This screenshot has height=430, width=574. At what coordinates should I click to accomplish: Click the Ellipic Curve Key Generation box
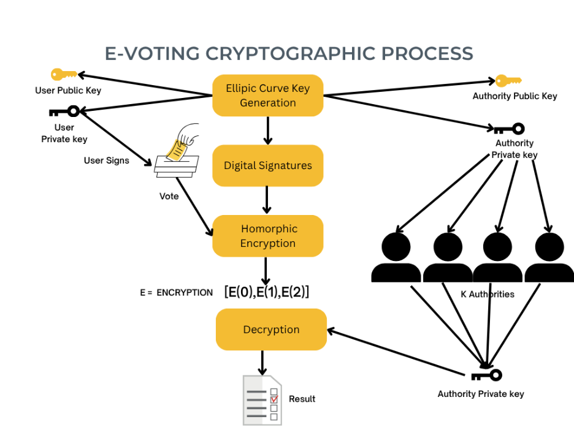click(267, 96)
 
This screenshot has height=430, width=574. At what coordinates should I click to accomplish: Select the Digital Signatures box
click(267, 165)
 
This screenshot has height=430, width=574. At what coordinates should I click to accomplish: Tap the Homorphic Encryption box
click(267, 236)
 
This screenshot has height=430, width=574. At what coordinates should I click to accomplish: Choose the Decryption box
click(271, 330)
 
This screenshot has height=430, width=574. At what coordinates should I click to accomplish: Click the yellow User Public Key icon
click(64, 75)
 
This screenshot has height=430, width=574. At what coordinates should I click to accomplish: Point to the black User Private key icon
click(64, 111)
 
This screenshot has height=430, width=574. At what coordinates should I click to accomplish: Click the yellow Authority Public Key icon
click(508, 80)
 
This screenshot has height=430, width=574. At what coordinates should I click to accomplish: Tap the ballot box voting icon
click(177, 153)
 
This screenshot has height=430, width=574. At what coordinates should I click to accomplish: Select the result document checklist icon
click(261, 399)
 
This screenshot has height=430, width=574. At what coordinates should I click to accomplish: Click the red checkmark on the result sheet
click(274, 399)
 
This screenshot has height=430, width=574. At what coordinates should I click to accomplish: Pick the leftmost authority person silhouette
click(396, 257)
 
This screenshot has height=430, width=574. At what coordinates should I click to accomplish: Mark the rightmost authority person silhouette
click(549, 257)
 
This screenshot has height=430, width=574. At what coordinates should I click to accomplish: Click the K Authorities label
click(487, 294)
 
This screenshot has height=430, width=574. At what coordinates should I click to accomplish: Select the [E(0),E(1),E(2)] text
click(267, 292)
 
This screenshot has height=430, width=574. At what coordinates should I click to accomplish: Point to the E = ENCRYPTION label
click(176, 293)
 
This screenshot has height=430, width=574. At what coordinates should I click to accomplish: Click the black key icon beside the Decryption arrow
click(487, 375)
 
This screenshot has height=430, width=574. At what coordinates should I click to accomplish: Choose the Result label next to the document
click(302, 399)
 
